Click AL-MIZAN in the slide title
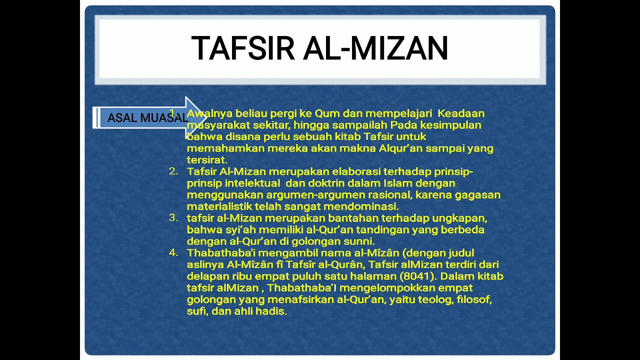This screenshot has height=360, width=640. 375,48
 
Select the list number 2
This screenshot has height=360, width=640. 173,171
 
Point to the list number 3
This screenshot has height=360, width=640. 173,218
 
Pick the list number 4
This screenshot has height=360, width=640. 173,252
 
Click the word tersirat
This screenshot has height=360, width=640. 206,160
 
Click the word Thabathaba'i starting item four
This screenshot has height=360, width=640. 220,252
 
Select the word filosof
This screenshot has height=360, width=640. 474,299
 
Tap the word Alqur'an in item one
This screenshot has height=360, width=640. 404,148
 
